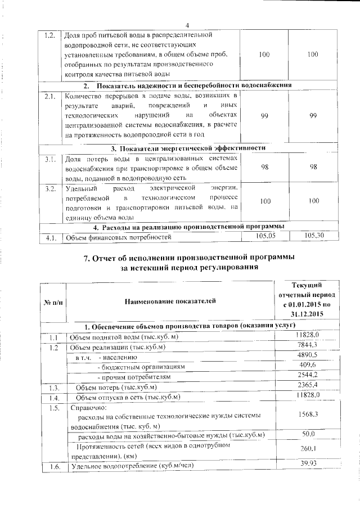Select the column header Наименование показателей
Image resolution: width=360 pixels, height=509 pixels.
coord(170,302)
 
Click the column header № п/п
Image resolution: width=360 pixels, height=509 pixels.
coord(53,303)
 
